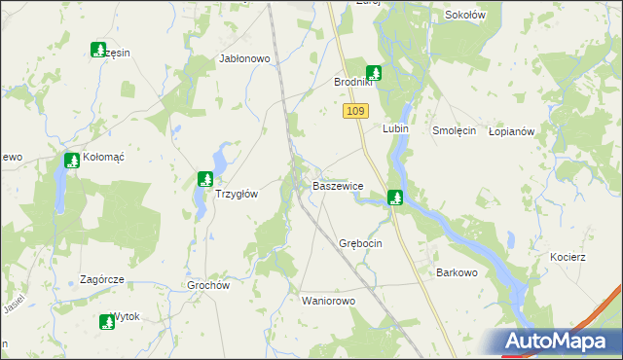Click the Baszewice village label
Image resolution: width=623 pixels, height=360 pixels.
(x=338, y=185)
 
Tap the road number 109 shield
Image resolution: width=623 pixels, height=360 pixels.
(x=355, y=113)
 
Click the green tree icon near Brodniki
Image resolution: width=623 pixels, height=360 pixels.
(x=373, y=72)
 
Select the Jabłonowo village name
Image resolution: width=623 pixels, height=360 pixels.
(x=244, y=59)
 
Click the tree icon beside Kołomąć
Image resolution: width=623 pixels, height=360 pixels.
(x=71, y=161)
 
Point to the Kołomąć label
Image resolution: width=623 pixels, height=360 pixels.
(x=104, y=157)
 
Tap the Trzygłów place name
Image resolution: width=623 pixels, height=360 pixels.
(x=236, y=194)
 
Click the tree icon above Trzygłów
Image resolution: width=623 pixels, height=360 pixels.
(x=204, y=178)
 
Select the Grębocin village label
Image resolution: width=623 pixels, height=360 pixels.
(x=360, y=242)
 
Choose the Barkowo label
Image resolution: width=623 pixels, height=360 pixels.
(x=457, y=272)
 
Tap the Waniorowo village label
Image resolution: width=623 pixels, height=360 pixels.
(x=329, y=301)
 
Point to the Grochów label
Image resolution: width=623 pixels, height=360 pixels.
(x=207, y=286)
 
